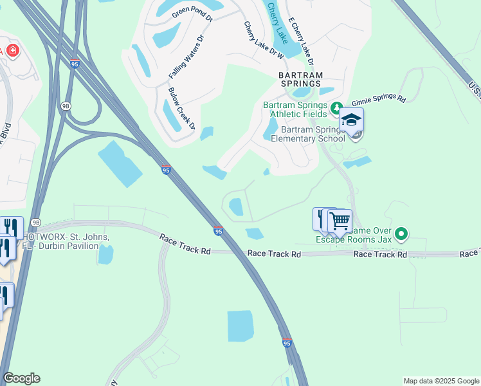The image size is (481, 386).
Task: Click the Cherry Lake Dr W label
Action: (x=264, y=40)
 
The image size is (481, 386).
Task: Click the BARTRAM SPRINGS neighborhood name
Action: (x=300, y=79)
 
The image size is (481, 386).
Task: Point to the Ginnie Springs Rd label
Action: (x=379, y=100)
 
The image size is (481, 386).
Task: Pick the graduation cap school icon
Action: (x=352, y=120)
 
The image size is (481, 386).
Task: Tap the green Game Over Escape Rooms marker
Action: (x=402, y=233)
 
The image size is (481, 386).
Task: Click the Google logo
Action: (x=21, y=378)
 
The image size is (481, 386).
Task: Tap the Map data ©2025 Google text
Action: (x=440, y=381)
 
